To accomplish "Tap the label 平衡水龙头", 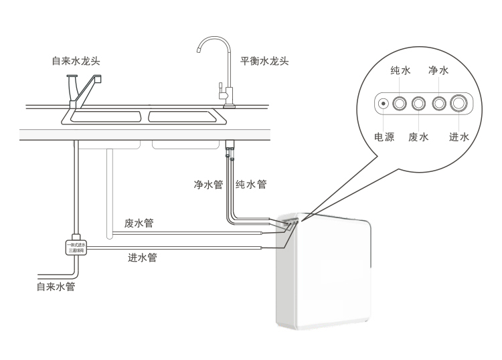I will pos(264,61).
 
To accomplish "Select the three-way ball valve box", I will pos(75,248).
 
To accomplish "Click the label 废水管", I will pos(139,223).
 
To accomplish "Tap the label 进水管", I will pos(142,257).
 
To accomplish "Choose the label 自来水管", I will pos(56,287).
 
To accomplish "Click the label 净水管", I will pos(208,184).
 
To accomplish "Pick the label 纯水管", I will pos(252,184).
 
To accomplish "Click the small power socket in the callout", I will pos(384,104).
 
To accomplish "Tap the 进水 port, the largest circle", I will pos(459,104).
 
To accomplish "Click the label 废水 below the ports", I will pos(419,137).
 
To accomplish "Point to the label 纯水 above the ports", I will pos(400,70).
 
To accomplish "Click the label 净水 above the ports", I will pos(438,70).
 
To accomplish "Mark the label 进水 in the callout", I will pos(459,137).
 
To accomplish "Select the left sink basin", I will pos(104,117).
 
